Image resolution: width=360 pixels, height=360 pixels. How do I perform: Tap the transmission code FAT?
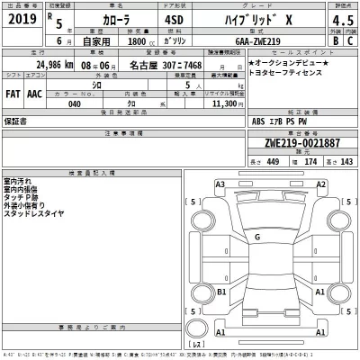pos(14,92)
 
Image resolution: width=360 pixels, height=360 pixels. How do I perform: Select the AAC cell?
pos(35,92)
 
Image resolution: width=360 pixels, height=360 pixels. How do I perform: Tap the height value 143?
pos(346,161)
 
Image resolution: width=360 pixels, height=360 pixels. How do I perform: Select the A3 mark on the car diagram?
pos(220,184)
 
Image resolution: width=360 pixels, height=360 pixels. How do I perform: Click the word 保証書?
pos(17,120)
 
